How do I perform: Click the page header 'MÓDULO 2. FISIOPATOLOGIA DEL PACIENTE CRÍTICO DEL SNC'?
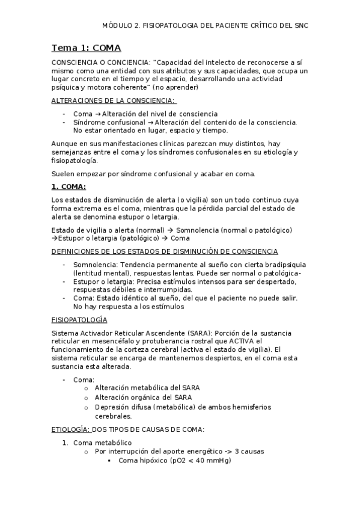point(205,26)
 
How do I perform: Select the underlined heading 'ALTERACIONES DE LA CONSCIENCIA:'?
point(114,100)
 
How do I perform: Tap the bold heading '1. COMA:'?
point(69,186)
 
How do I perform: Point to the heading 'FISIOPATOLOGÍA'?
point(79,320)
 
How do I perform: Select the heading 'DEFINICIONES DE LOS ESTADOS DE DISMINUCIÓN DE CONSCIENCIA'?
point(165,251)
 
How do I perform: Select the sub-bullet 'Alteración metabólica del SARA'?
point(147,387)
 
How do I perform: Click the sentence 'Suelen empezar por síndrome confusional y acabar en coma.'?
point(153,174)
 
